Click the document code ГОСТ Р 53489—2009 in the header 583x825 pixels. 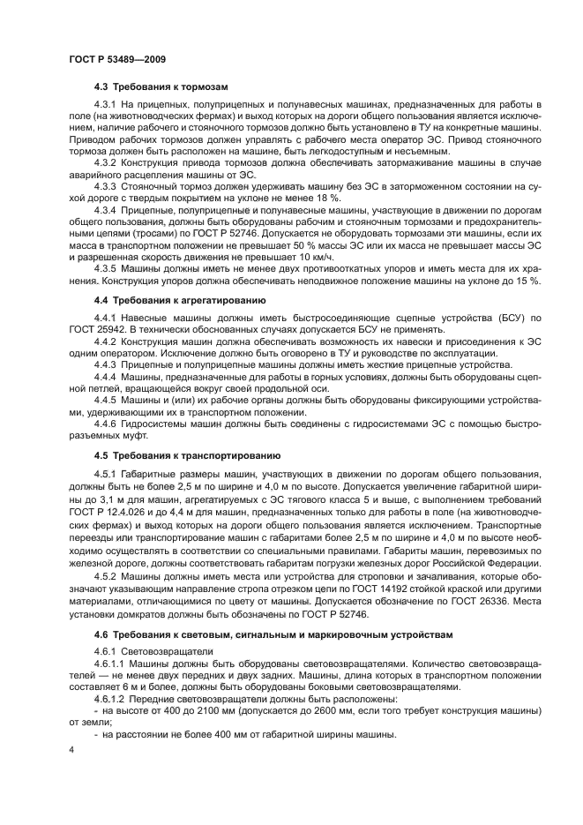(x=117, y=58)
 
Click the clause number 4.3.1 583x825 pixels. (x=106, y=105)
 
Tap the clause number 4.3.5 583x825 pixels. (x=106, y=268)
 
